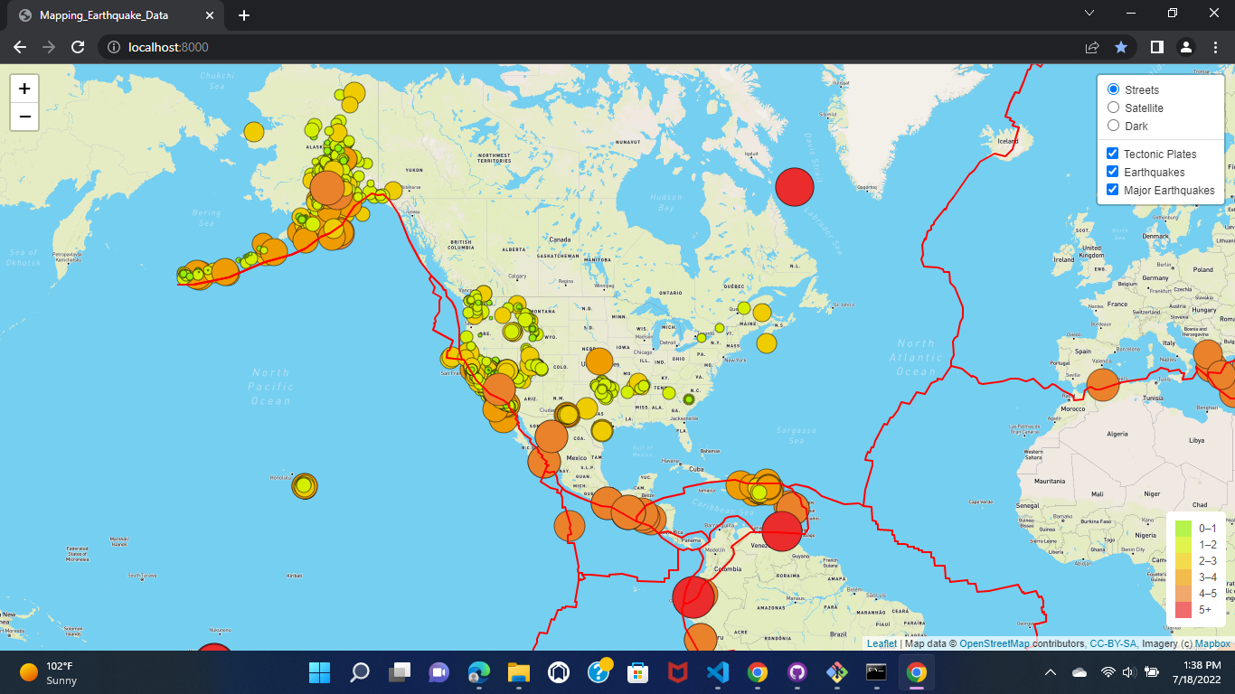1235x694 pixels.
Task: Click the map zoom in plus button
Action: point(24,89)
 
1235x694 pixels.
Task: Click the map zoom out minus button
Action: point(24,117)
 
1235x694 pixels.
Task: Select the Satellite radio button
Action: point(1114,108)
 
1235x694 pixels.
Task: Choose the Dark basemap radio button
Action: point(1114,126)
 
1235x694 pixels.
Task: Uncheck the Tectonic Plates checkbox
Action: point(1113,154)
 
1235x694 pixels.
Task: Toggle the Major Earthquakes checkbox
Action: point(1113,190)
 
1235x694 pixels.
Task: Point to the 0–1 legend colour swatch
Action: point(1183,528)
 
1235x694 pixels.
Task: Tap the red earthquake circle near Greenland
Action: point(795,187)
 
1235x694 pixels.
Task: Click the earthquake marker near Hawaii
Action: point(305,486)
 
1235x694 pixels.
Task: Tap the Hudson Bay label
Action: point(666,202)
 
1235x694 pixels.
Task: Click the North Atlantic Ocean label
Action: point(916,357)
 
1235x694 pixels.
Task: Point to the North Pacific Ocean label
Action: point(270,386)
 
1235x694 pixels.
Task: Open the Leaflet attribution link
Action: point(881,643)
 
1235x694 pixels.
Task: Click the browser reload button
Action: point(79,47)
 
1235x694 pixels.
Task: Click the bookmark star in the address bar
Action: point(1121,47)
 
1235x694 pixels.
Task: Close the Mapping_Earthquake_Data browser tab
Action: point(210,15)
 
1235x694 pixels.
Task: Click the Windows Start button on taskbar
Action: point(319,672)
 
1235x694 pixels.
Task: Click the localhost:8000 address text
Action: point(168,47)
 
